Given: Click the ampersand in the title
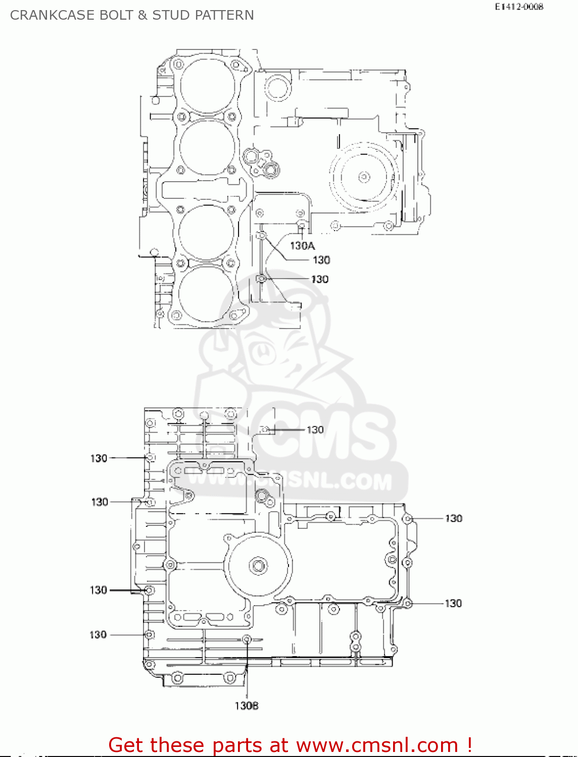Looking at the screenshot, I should coord(142,15).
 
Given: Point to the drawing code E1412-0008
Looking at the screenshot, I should coord(519,7).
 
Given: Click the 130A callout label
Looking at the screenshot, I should coord(302,246).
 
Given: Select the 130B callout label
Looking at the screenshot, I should coord(247,706).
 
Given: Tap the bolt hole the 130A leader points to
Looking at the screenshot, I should coord(301,225).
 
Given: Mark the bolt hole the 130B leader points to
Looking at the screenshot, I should coord(247,639).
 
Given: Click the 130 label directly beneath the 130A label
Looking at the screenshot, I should coord(321,260).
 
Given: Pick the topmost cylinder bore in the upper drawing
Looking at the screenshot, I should coord(207,84).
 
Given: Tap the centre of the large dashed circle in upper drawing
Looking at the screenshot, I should coord(364,177).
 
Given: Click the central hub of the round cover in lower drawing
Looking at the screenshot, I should coord(259,566).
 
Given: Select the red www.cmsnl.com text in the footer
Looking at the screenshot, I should coord(377,745).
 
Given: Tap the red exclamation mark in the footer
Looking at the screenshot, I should coord(469,745).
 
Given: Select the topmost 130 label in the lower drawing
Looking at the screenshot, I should coord(315,429).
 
